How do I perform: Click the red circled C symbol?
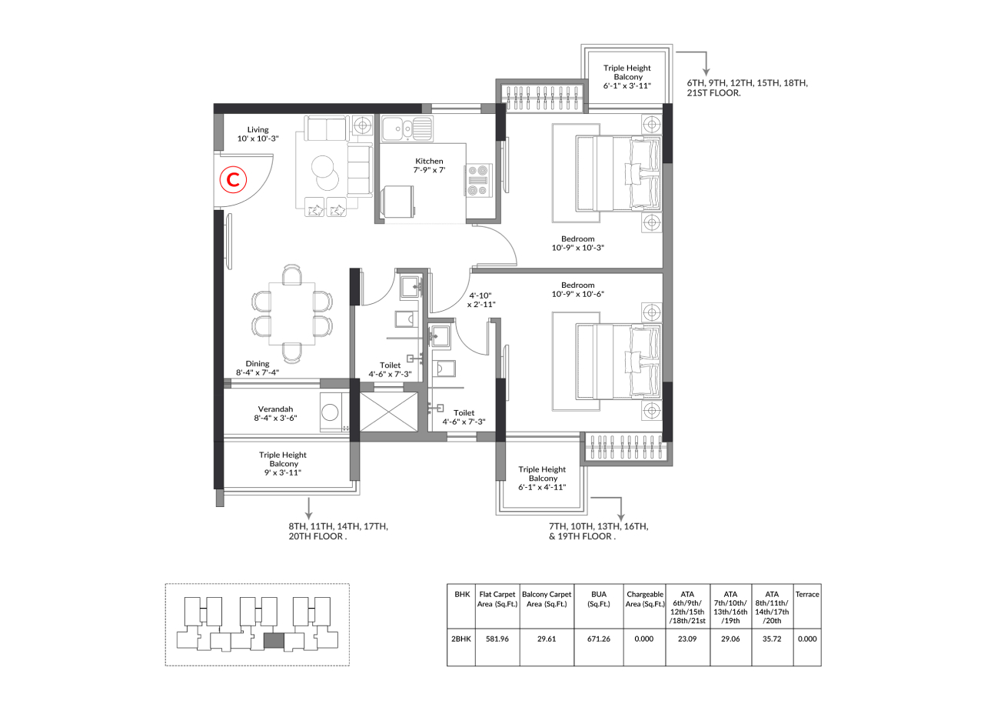point(233,180)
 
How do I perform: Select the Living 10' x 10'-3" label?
point(258,134)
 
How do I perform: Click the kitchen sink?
point(407,128)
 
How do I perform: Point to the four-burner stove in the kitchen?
point(478,180)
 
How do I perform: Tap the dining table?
point(291,313)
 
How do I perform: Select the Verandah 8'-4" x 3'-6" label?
point(275,413)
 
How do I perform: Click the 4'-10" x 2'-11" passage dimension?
point(481,300)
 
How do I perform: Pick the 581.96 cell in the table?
point(497,639)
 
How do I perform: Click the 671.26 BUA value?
point(599,639)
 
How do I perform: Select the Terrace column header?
point(807,595)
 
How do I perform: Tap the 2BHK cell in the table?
point(461,639)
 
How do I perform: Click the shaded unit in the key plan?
point(274,641)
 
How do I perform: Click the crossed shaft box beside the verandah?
point(389,412)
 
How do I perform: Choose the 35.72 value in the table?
point(772,639)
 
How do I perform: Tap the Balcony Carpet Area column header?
point(547,599)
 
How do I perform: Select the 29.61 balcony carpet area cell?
point(547,639)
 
